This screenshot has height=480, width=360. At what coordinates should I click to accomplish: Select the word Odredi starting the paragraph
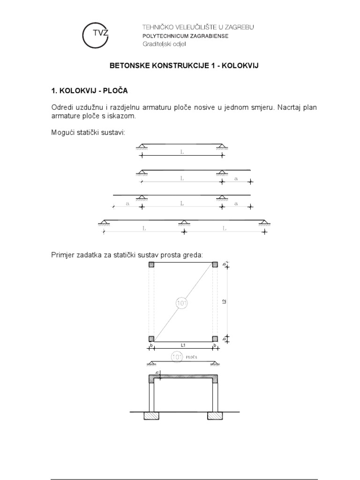pyautogui.click(x=63, y=107)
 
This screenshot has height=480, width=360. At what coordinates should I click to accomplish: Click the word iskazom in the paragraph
pyautogui.click(x=127, y=116)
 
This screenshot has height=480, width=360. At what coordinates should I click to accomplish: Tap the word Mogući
pyautogui.click(x=63, y=133)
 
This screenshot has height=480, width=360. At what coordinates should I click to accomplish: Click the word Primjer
pyautogui.click(x=63, y=255)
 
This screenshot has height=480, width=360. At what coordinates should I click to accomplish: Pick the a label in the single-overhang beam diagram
pyautogui.click(x=236, y=178)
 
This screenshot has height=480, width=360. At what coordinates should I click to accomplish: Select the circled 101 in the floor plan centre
pyautogui.click(x=182, y=303)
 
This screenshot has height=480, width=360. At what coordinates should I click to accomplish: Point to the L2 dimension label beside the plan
pyautogui.click(x=225, y=302)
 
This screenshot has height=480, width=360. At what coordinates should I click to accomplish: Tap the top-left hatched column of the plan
pyautogui.click(x=151, y=265)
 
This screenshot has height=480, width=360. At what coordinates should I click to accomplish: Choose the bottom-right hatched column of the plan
pyautogui.click(x=215, y=339)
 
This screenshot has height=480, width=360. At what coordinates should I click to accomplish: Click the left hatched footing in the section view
pyautogui.click(x=152, y=415)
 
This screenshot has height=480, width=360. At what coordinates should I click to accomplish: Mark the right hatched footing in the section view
pyautogui.click(x=215, y=415)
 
